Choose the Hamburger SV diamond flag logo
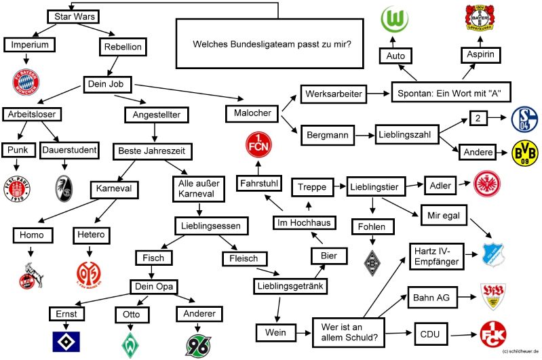pyautogui.click(x=65, y=341)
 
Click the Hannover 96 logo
pyautogui.click(x=199, y=344)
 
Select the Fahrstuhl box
pyautogui.click(x=260, y=184)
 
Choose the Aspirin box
pyautogui.click(x=484, y=55)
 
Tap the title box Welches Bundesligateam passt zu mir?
pyautogui.click(x=277, y=44)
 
